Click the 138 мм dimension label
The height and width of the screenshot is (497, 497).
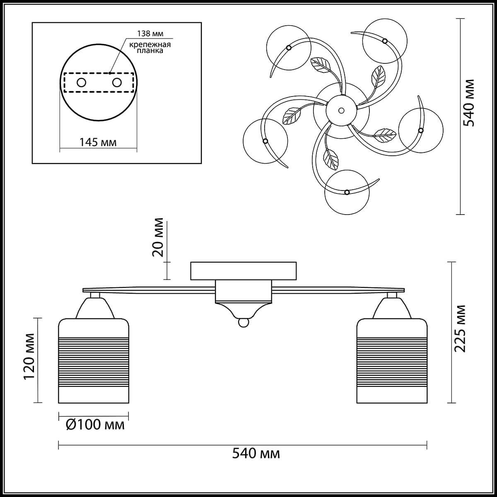pos(150,34)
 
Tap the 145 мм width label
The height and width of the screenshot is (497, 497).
pos(98,142)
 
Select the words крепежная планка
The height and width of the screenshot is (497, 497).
pos(150,48)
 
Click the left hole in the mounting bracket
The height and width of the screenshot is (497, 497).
pos(82,83)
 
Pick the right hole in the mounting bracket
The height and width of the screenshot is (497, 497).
pos(117,83)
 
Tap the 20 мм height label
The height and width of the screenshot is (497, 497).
pos(158,237)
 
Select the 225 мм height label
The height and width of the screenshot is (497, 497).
pos(460,328)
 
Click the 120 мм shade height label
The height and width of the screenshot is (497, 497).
pos(29,357)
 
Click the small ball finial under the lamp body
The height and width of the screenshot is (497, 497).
pos(243,323)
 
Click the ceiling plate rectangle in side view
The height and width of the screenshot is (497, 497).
pos(243,271)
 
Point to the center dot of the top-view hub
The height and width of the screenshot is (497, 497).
pos(341,111)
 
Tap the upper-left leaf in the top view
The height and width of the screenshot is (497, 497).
pos(321,65)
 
